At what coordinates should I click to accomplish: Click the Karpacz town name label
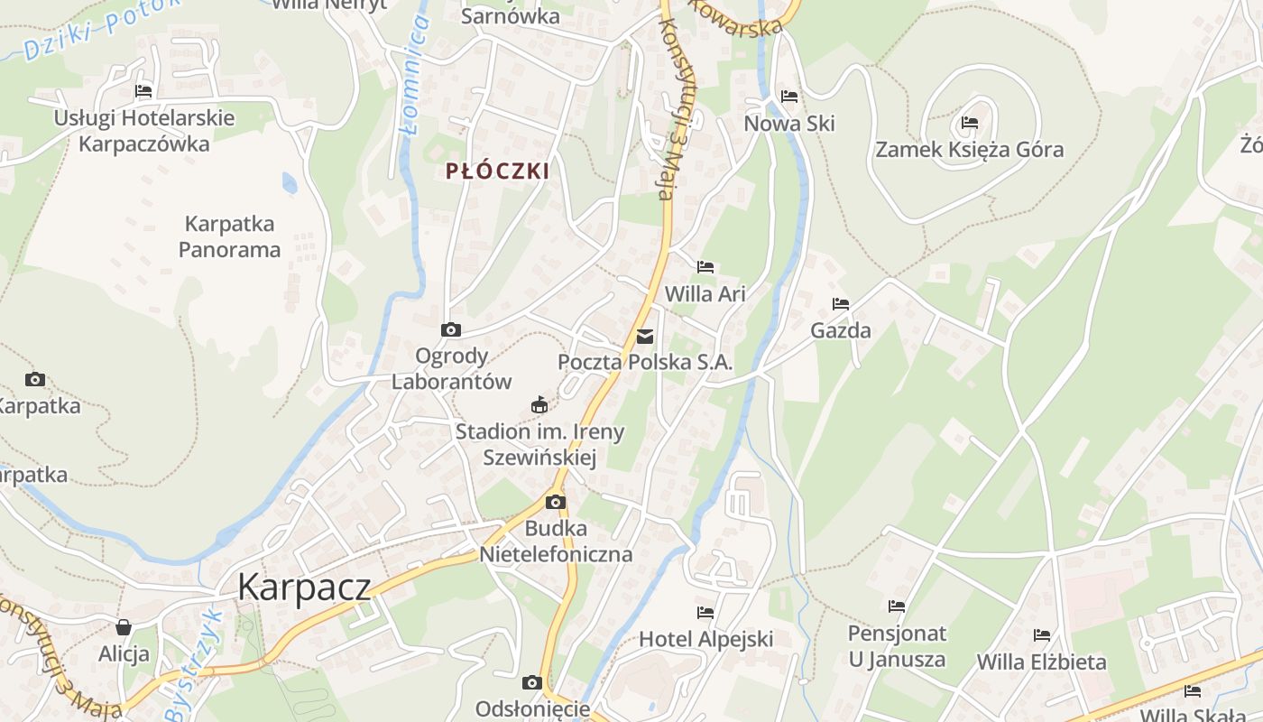point(304,588)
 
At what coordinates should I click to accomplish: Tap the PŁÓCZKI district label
point(497,171)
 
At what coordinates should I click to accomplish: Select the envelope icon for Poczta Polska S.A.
point(645,337)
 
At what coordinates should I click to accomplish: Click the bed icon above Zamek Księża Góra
point(970,123)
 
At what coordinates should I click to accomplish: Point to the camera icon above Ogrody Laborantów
point(451,330)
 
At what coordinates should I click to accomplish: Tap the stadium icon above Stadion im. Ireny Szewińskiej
point(539,404)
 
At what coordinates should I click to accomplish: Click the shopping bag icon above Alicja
point(124,627)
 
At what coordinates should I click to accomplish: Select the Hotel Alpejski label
point(706,639)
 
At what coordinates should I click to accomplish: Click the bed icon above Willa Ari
point(705,267)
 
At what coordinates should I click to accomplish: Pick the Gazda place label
point(841,330)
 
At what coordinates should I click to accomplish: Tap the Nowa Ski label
point(789,124)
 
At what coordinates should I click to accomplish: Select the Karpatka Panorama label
point(229,236)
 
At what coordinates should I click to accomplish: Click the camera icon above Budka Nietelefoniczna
point(556,502)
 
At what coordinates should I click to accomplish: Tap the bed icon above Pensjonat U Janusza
point(897,606)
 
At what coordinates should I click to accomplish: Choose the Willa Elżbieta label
point(1042,662)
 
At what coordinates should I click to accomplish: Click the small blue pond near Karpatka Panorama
point(290,183)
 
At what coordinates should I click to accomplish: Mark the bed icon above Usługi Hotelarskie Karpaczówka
point(143,91)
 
